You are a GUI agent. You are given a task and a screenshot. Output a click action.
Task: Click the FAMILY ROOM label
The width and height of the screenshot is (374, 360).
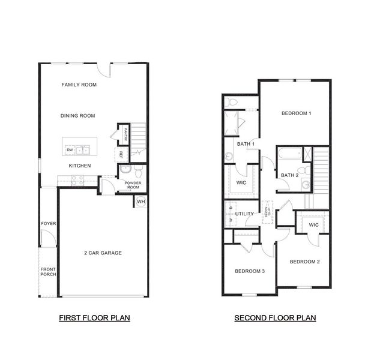[79, 85]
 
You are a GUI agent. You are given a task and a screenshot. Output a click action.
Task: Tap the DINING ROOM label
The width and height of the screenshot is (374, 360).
[78, 116]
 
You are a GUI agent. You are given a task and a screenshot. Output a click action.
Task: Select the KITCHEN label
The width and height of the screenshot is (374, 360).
[79, 166]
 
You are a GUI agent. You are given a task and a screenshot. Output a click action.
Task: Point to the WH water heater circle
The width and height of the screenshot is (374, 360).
[141, 201]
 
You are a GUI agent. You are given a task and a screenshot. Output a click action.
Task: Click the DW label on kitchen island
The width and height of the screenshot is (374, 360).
[70, 150]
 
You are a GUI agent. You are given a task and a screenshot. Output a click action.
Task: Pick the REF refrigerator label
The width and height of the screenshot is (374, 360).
[121, 155]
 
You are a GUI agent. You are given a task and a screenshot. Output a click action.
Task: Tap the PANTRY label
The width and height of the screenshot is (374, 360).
[125, 134]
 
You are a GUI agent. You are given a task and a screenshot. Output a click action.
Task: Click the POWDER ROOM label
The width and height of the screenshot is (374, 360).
[133, 185]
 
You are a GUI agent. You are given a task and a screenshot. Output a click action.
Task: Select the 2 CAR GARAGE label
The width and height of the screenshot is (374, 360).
[103, 253]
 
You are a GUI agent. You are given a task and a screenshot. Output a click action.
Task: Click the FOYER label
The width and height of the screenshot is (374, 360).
[48, 224]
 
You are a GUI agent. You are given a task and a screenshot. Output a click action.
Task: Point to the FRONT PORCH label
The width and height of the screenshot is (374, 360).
[48, 271]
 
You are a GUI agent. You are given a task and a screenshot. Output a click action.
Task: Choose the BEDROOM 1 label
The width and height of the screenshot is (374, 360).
[297, 113]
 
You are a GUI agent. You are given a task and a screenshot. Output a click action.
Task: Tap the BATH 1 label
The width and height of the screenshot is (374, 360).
[246, 144]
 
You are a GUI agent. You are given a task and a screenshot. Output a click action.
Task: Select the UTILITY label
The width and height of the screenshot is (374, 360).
[244, 214]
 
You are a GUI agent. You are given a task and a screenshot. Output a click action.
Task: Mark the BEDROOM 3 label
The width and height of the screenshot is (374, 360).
[250, 271]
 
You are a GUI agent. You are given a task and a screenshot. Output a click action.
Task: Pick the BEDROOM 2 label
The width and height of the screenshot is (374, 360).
[305, 262]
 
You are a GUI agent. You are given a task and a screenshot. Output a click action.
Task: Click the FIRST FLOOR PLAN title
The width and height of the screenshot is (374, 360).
[94, 317]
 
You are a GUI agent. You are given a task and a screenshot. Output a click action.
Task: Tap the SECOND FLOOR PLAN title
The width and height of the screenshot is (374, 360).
[275, 318]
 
